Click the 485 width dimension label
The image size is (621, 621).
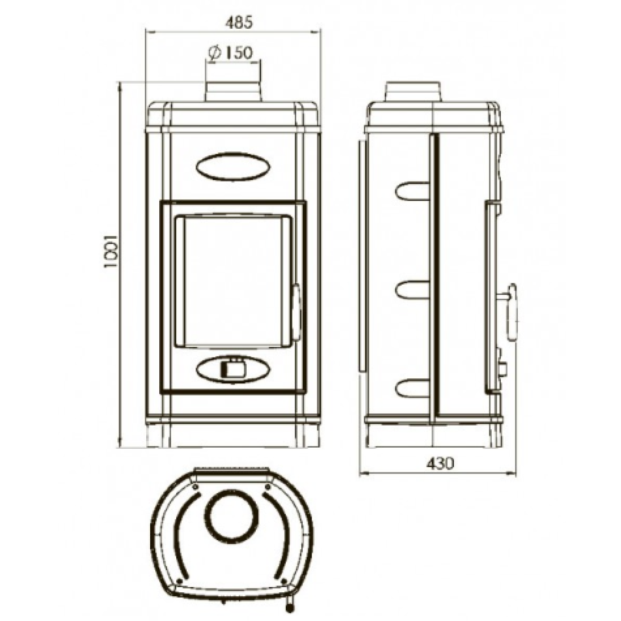239,23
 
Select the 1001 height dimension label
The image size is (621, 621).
112,251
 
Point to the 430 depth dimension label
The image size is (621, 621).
440,463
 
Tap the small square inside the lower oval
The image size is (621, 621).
233,369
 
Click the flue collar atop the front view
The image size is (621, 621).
233,91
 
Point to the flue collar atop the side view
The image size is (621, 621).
413,91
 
